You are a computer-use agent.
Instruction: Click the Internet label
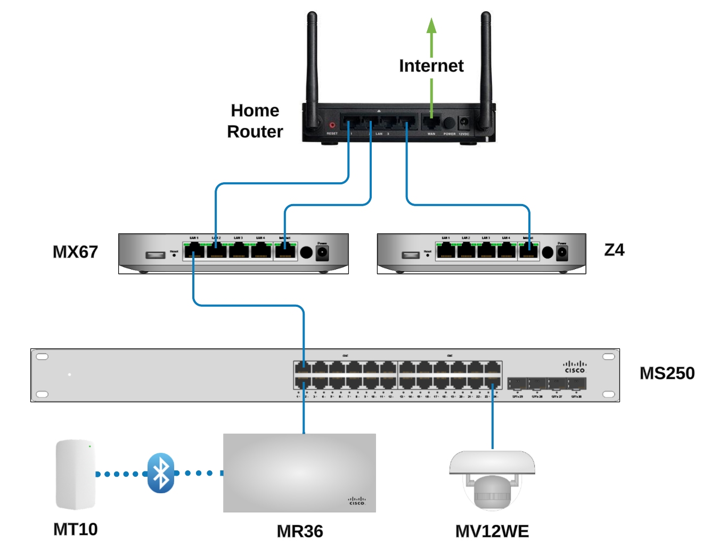431,66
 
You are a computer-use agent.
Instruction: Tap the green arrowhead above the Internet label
431,25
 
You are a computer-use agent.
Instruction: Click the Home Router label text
255,121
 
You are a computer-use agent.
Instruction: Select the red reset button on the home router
332,125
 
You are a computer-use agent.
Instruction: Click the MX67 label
75,252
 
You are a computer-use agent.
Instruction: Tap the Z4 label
614,250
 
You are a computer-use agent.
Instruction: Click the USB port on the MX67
156,255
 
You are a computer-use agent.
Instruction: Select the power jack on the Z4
562,253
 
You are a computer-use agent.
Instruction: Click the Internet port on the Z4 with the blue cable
528,250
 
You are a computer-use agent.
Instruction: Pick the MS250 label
667,373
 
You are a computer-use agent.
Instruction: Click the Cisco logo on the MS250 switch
575,367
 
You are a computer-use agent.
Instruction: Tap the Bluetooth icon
161,473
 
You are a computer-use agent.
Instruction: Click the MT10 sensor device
76,474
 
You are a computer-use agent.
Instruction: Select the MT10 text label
75,529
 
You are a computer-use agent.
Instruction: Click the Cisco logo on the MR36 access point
357,501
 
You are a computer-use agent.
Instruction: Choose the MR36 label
299,531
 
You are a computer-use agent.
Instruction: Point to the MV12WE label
492,531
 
